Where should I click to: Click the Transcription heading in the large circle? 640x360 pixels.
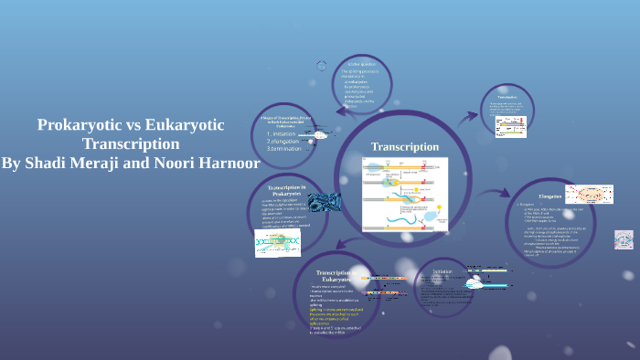click(404, 147)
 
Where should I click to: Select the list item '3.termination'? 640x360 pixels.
click(283, 150)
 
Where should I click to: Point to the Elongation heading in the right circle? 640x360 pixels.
click(549, 196)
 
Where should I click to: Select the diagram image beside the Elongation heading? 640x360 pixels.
click(589, 194)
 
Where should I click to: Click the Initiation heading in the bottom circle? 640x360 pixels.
click(442, 271)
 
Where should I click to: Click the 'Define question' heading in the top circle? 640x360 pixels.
click(362, 63)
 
